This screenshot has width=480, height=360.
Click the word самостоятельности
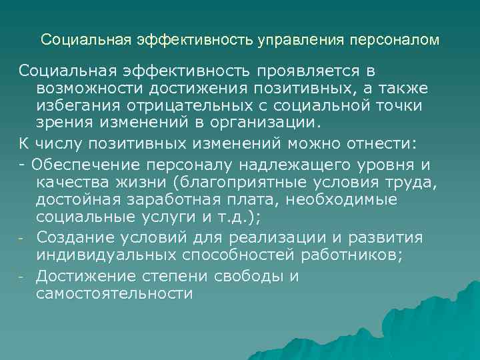point(115,293)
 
